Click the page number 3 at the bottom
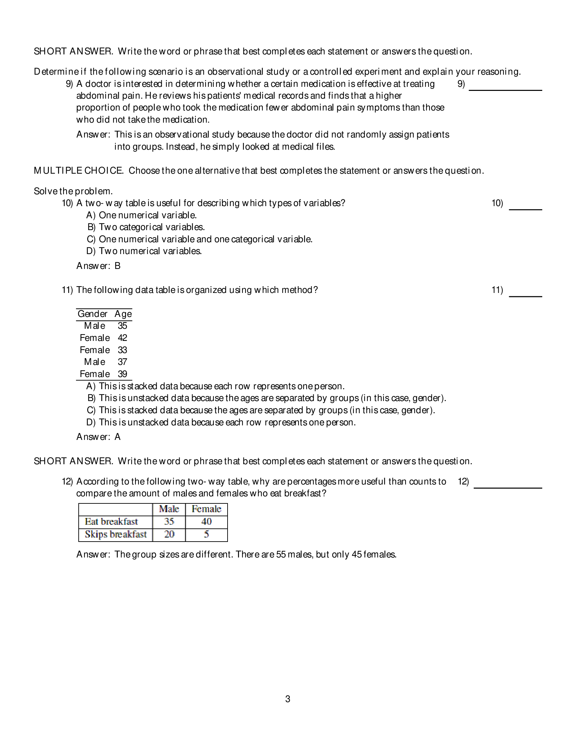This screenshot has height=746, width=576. (287, 699)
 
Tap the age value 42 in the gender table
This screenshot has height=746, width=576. (122, 338)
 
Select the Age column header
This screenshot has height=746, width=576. (123, 314)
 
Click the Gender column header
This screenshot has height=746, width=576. (93, 314)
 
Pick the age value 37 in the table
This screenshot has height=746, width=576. (122, 362)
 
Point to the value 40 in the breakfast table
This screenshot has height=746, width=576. (206, 522)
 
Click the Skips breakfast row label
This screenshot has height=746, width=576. (115, 534)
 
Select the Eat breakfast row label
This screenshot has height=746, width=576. (111, 522)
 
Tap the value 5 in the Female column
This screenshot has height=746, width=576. (206, 534)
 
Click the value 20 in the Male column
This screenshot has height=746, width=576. (169, 534)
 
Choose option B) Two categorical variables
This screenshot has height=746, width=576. (146, 227)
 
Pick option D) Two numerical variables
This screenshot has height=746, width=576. (144, 251)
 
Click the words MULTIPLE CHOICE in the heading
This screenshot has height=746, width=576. (79, 170)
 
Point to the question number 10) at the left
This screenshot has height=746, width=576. (67, 203)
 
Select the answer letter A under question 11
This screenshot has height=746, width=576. (117, 437)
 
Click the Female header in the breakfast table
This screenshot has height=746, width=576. (206, 509)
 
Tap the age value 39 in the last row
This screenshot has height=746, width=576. (122, 374)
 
